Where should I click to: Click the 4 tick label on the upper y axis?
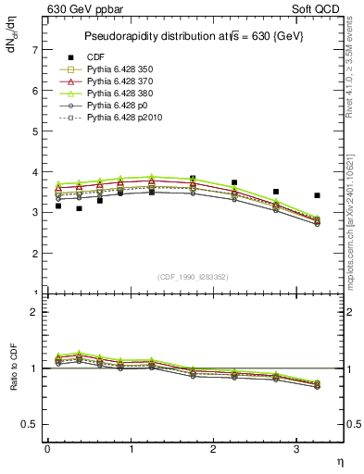pyautogui.click(x=34, y=172)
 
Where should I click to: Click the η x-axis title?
pyautogui.click(x=338, y=461)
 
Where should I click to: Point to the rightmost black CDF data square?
pyautogui.click(x=318, y=195)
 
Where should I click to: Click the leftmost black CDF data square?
pyautogui.click(x=58, y=206)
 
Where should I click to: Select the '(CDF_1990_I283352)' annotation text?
pyautogui.click(x=193, y=276)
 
